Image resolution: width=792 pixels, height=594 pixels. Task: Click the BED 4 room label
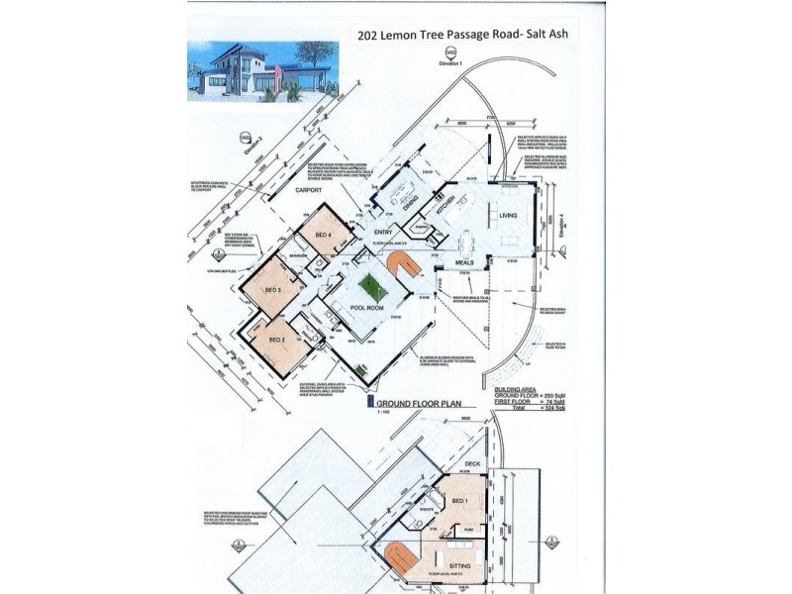click(323, 234)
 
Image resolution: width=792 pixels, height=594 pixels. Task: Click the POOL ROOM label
click(366, 309)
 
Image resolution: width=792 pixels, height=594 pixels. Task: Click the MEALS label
click(464, 262)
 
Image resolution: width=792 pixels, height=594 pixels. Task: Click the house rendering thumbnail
click(261, 71)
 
